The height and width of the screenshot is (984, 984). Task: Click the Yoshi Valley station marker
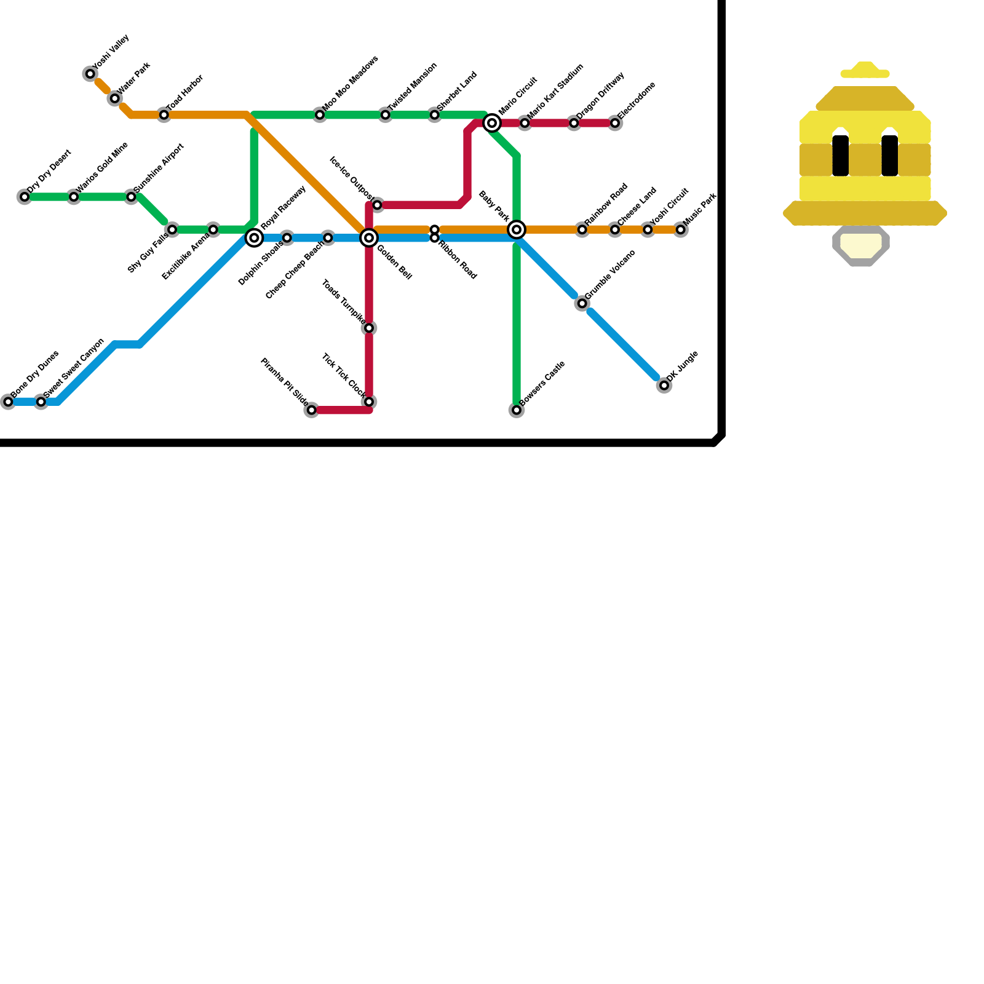tap(90, 74)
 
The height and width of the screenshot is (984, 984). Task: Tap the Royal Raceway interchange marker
tap(254, 237)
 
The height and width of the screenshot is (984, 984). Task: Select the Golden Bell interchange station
tap(369, 237)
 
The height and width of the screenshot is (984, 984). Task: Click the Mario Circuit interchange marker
tap(492, 123)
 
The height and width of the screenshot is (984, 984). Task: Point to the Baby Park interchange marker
tap(517, 229)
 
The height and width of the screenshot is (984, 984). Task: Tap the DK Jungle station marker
tap(664, 386)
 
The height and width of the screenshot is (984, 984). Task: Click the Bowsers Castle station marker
tap(517, 410)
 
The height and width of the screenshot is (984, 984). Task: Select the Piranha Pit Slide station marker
tap(312, 410)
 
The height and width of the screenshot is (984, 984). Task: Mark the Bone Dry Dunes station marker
tap(8, 402)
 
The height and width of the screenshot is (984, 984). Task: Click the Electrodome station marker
tap(615, 123)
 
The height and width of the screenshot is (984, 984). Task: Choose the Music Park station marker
tap(681, 230)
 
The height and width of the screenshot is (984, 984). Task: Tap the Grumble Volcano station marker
tap(582, 304)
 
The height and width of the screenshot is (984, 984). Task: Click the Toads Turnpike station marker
tap(369, 328)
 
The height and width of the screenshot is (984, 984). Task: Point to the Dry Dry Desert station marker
tap(25, 197)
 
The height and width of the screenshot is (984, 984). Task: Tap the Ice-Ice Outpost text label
tap(351, 179)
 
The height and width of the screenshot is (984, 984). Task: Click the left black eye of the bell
tap(841, 156)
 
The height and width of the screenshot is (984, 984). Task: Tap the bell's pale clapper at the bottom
tap(861, 246)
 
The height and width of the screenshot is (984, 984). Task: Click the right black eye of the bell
tap(890, 156)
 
